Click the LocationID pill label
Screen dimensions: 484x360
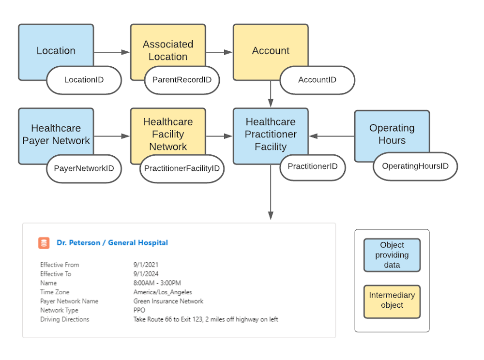(84, 80)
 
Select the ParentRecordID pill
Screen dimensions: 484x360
(182, 80)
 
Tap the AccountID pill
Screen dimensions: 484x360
(317, 80)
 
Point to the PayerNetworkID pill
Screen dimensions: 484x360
(84, 168)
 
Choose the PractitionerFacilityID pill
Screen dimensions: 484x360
(182, 168)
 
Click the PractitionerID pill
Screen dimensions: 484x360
(312, 166)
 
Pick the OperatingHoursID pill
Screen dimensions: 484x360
(415, 166)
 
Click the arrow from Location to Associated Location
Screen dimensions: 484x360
(112, 52)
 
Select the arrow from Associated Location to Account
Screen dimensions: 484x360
(219, 52)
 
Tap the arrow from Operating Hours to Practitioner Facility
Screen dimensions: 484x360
(332, 136)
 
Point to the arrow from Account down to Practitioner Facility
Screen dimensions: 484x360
(271, 94)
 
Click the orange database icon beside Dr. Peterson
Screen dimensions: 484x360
(44, 243)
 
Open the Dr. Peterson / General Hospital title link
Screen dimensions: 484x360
(112, 243)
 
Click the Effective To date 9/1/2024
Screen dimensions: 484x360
(146, 274)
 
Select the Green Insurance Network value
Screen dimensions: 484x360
(168, 301)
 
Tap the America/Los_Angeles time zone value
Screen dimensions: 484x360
(163, 292)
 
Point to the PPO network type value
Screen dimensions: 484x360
(139, 310)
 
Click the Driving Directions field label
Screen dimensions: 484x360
(65, 319)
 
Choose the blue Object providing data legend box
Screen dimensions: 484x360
(392, 255)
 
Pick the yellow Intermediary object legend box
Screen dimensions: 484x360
(392, 302)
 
